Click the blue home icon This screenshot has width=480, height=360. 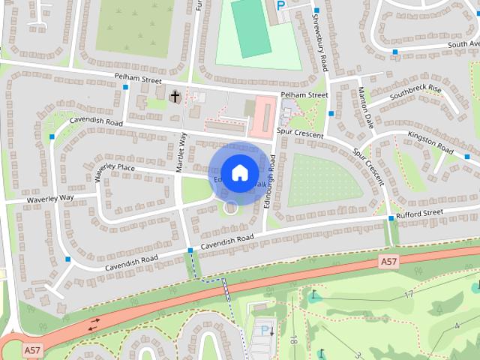tap(238, 172)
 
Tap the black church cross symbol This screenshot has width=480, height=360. tap(175, 96)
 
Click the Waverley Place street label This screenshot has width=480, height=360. tap(114, 172)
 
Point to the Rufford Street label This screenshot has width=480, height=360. tap(421, 213)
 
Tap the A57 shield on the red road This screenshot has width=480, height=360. tap(388, 262)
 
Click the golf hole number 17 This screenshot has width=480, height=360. tap(409, 295)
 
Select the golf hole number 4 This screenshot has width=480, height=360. tap(457, 325)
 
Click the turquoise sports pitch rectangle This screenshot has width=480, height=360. tap(250, 28)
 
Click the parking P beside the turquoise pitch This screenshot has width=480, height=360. tap(281, 5)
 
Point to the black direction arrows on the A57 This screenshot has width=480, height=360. tap(95, 324)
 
